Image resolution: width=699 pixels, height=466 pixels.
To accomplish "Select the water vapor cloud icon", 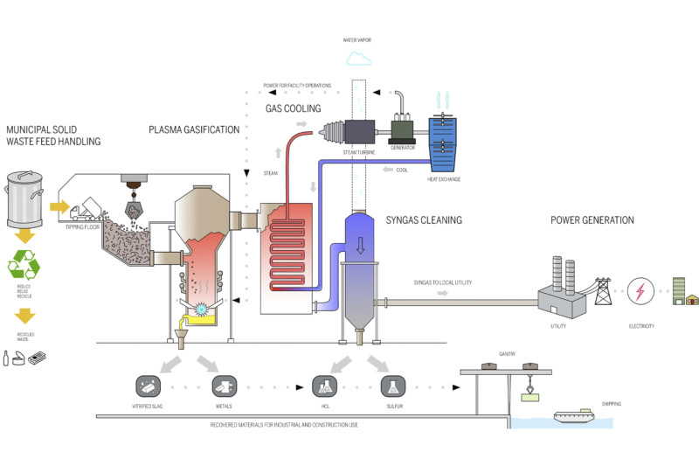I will pos(358,59).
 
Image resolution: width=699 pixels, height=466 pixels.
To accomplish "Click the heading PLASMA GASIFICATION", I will pos(193,129).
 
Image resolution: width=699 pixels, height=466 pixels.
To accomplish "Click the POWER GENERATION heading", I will pos(592,219).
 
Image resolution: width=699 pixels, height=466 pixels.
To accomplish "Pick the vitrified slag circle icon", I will pos(147,385).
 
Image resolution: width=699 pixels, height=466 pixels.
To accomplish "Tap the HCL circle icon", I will pos(324,385).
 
